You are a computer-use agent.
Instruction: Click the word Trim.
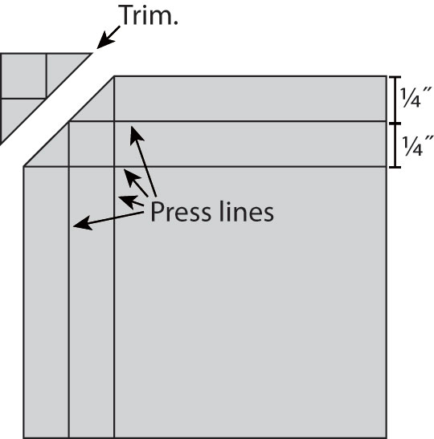(149, 15)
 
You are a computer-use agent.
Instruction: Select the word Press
(180, 212)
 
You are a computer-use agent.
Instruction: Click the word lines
(246, 211)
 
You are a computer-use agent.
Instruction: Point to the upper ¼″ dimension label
(416, 97)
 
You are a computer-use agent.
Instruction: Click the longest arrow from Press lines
(143, 161)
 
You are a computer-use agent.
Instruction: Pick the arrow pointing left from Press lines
(108, 220)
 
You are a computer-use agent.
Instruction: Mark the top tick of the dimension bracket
(395, 77)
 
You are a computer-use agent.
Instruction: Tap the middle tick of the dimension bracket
(395, 123)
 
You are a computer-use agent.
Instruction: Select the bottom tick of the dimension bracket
(395, 168)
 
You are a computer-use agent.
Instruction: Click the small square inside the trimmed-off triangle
(23, 76)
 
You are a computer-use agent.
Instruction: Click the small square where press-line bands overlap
(92, 144)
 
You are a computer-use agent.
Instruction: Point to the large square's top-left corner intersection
(114, 167)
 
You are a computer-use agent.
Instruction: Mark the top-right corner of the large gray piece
(387, 76)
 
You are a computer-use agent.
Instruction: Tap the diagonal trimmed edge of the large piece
(69, 121)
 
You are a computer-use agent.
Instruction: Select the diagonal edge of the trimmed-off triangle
(46, 99)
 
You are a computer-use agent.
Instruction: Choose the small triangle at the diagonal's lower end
(53, 152)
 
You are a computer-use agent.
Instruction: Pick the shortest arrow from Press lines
(131, 201)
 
